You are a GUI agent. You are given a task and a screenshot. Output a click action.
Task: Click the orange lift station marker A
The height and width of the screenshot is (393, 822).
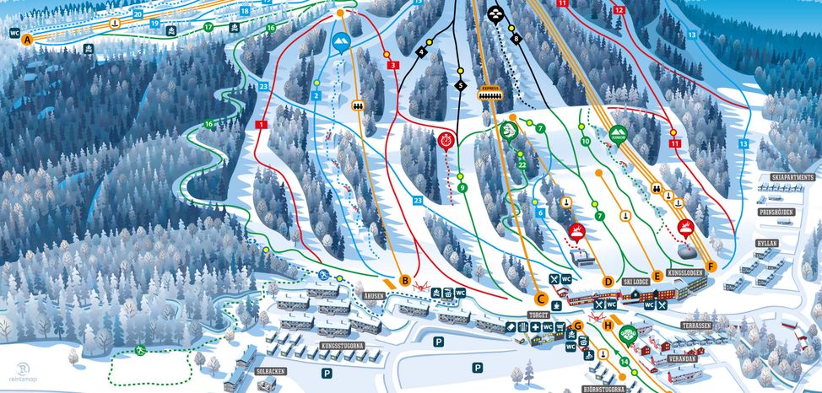click(x=27, y=40)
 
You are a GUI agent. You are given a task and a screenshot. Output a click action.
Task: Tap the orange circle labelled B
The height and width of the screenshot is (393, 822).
click(x=405, y=280)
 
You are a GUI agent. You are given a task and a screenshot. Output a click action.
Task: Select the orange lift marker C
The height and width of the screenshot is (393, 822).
click(x=540, y=298)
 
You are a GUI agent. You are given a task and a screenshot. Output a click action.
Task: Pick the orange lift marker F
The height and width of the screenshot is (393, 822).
click(x=711, y=266)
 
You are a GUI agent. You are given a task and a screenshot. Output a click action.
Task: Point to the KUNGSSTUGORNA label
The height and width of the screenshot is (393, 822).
click(x=319, y=346)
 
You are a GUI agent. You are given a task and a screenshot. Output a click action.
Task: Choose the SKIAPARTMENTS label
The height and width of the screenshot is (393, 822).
click(x=792, y=178)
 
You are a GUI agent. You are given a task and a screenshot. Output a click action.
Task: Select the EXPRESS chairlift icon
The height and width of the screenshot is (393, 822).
click(x=489, y=92)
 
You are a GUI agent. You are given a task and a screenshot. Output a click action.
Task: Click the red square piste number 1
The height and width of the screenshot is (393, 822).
click(x=261, y=125)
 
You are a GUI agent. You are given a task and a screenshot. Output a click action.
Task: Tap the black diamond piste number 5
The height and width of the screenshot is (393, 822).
click(x=460, y=86)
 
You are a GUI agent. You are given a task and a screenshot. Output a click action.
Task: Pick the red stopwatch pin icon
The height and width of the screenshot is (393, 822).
click(x=446, y=139)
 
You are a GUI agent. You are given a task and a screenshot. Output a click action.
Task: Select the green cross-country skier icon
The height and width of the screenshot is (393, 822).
click(x=141, y=350)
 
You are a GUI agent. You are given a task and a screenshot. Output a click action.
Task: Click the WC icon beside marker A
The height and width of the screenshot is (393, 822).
click(x=14, y=33)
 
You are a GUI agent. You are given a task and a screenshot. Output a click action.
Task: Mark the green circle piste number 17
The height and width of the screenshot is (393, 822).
click(x=208, y=27)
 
